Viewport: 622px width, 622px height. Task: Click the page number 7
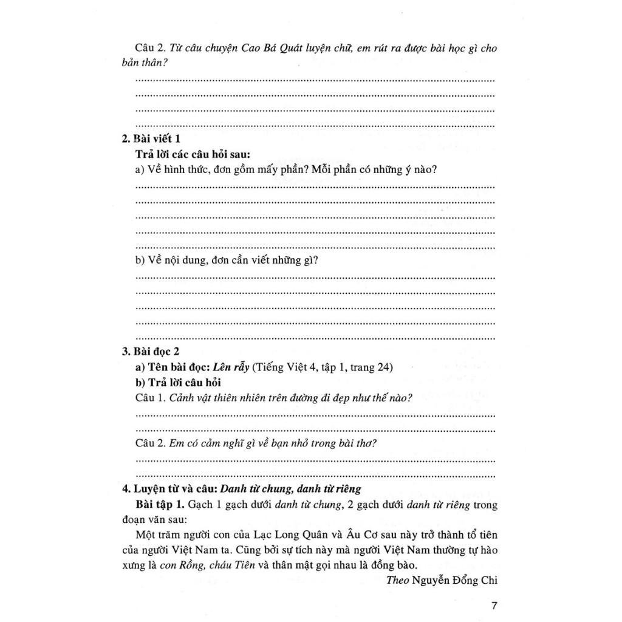tap(493, 606)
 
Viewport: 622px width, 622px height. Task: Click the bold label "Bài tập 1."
tap(160, 505)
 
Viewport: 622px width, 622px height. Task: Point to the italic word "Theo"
tap(397, 579)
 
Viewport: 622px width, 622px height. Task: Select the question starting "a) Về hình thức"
tap(285, 169)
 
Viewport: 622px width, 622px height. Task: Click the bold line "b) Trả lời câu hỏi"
tap(178, 382)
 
